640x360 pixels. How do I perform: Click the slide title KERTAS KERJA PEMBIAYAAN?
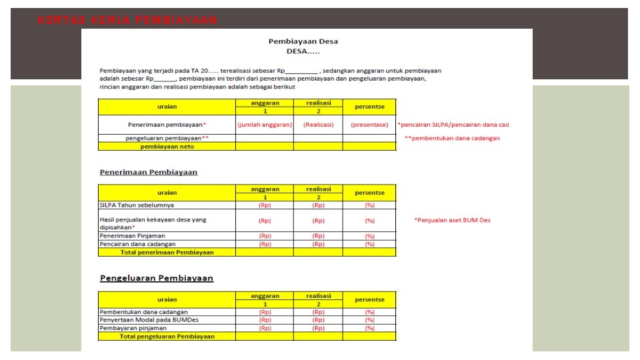[x=127, y=20]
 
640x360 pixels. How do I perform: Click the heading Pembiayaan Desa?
[x=303, y=41]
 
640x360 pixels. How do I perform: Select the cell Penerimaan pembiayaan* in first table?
[x=167, y=125]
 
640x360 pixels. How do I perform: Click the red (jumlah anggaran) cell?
[x=265, y=125]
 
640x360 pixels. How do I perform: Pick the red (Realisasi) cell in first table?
[x=318, y=125]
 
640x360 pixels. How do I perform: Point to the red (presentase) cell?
[x=369, y=125]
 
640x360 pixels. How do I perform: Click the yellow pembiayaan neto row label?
[x=167, y=146]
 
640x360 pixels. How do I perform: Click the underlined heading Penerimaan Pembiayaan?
[x=149, y=172]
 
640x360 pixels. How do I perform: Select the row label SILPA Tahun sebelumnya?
[x=137, y=205]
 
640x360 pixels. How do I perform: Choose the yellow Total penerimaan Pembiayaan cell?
[x=167, y=252]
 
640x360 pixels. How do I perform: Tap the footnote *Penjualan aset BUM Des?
[x=452, y=220]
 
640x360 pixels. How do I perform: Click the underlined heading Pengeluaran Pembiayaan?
[x=157, y=278]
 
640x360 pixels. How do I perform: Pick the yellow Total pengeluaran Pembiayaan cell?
[x=167, y=337]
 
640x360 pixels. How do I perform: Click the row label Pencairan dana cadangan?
[x=137, y=244]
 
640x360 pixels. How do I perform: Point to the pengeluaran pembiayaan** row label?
[x=167, y=138]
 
